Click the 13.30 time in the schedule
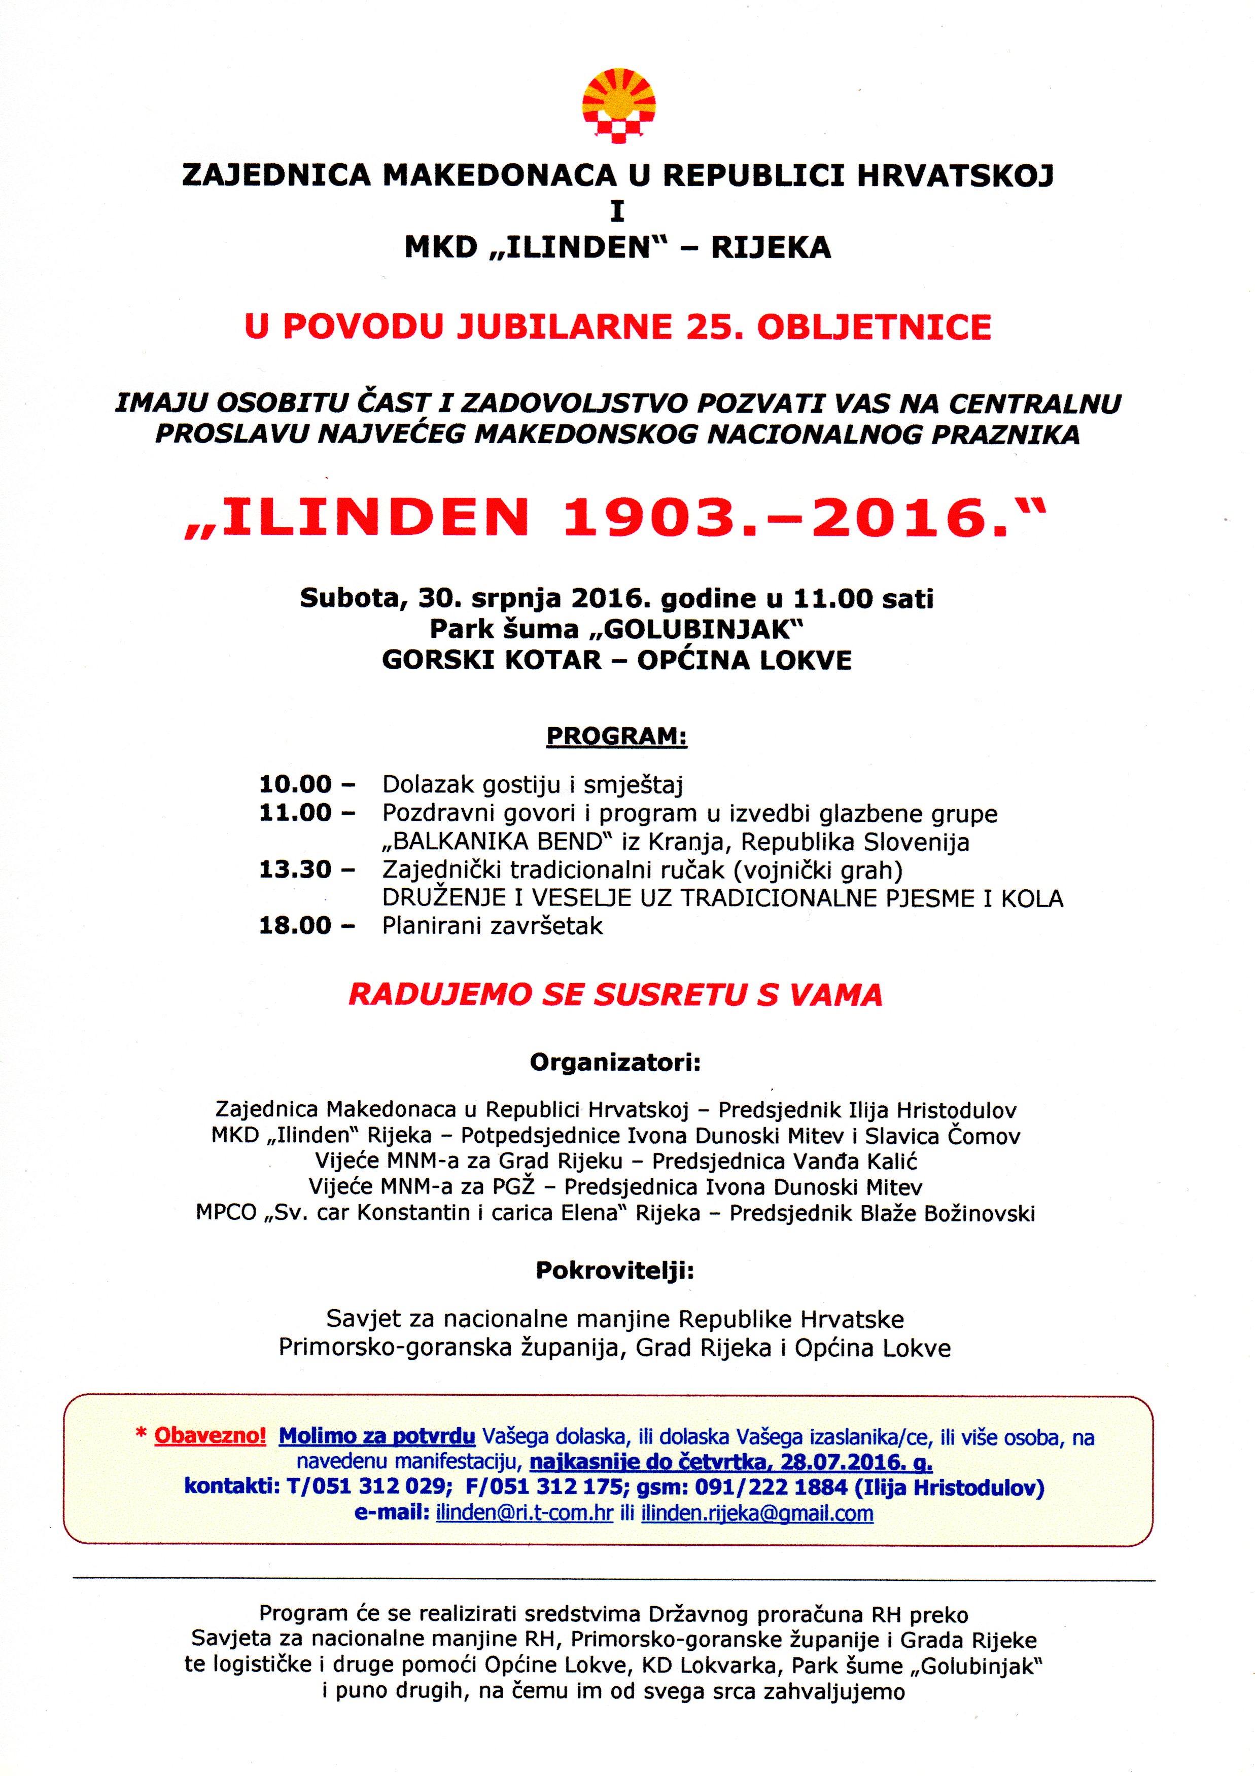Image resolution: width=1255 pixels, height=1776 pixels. coord(295,869)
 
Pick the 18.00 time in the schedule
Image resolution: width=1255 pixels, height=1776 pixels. coord(295,926)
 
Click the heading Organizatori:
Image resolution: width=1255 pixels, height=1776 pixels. coord(615,1063)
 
